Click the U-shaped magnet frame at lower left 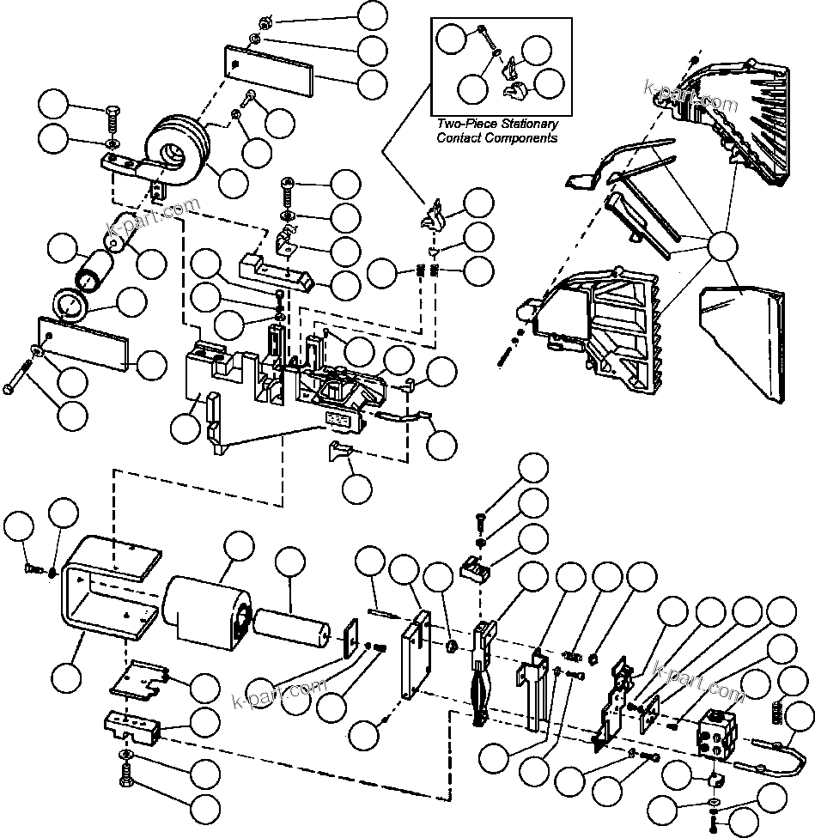(x=107, y=592)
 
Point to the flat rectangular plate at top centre (x=269, y=71)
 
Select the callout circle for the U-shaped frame (x=67, y=676)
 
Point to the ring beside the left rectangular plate (x=70, y=305)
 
